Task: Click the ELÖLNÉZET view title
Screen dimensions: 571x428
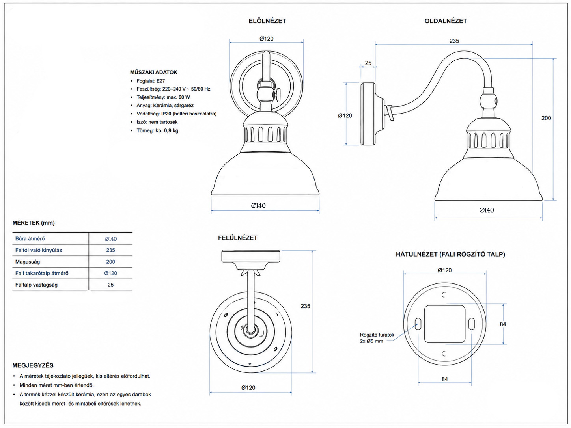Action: click(x=267, y=21)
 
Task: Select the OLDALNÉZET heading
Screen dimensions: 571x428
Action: click(x=446, y=21)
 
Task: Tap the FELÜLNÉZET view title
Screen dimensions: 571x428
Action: click(x=237, y=238)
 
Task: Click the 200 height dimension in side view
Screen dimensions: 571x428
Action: click(x=546, y=118)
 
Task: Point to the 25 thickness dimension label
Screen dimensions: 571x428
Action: click(x=368, y=63)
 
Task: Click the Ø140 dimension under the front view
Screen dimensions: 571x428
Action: click(x=258, y=206)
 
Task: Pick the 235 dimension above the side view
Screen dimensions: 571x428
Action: click(x=454, y=41)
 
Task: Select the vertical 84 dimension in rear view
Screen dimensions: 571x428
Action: click(x=503, y=324)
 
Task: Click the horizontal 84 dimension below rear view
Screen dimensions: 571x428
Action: click(x=444, y=379)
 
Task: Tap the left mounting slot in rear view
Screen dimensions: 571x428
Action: click(x=418, y=324)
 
